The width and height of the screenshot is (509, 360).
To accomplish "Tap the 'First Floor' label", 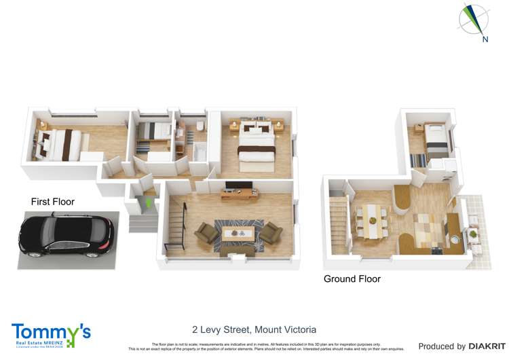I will point(52,202).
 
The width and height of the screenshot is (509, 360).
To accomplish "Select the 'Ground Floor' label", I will point(352,278).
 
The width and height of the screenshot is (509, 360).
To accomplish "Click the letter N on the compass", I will point(485,39).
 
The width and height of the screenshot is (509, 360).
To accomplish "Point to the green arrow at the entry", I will point(149,202).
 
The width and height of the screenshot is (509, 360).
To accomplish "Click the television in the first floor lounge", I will point(239,186).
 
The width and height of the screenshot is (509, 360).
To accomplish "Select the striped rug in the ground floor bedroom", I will point(418,160).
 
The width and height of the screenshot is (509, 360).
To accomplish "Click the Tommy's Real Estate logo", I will point(51,334).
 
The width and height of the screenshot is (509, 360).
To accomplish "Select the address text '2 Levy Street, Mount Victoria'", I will point(254,329).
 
